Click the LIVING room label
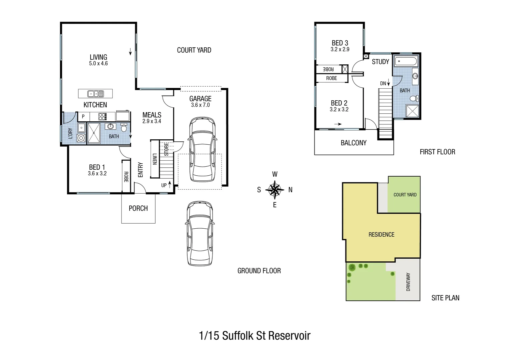pos(98,57)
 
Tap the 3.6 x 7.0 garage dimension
pos(200,105)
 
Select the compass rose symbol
pos(274,190)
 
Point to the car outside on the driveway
pos(200,233)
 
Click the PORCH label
pos(138,208)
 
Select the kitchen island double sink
pos(95,94)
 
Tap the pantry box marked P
pos(83,117)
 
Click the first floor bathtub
pos(405,62)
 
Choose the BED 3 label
pos(340,43)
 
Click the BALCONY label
pos(353,143)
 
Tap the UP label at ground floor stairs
pos(164,185)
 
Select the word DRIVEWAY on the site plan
pos(408,282)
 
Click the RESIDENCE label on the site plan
pos(381,235)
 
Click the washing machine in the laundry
pos(81,138)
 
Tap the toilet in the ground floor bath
pos(124,128)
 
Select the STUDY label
pos(380,62)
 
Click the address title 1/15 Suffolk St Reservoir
pos(254,335)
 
